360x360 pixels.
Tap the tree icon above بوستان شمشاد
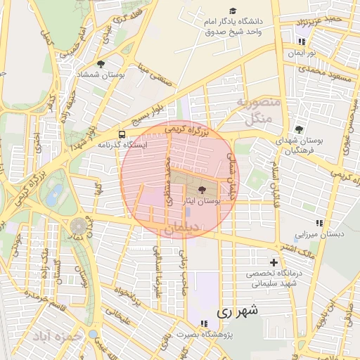pyautogui.click(x=101, y=64)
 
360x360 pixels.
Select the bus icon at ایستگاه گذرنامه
pyautogui.click(x=122, y=134)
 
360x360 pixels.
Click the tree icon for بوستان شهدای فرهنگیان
pyautogui.click(x=299, y=129)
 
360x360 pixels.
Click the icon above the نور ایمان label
pyautogui.click(x=292, y=44)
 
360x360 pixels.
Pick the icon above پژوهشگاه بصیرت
pyautogui.click(x=203, y=324)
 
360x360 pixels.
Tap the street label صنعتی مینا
pyautogui.click(x=156, y=76)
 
